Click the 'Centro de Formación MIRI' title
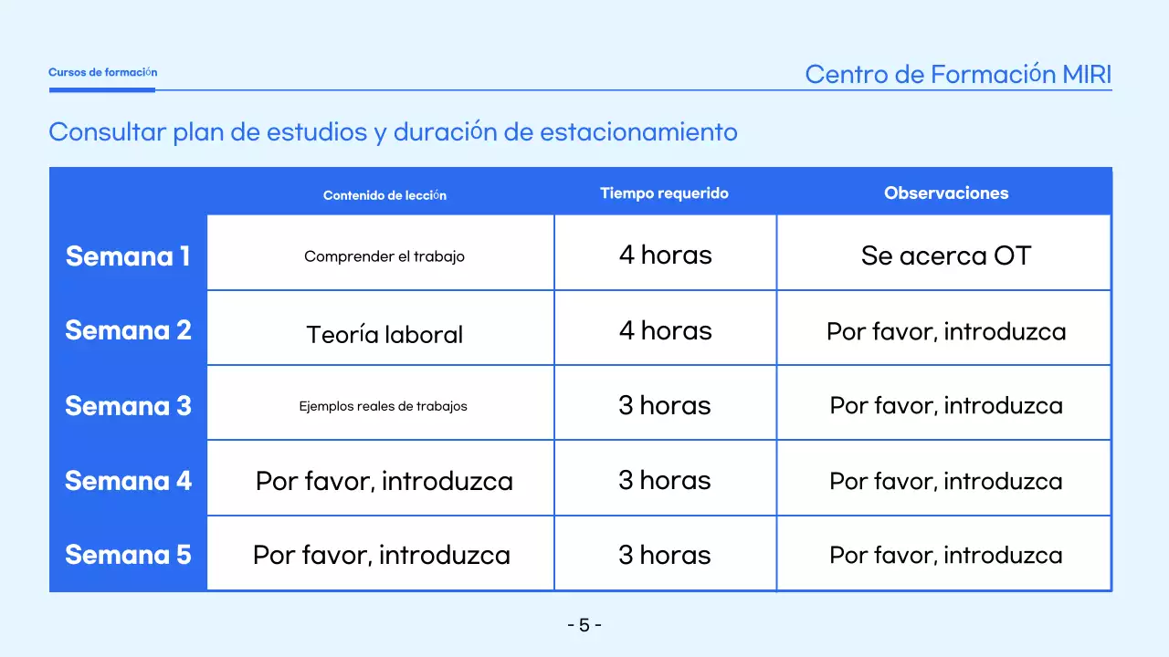point(958,74)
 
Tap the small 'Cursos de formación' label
point(102,72)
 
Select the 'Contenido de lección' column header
point(384,195)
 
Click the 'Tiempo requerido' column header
point(664,193)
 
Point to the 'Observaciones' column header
point(946,193)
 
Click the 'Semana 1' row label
point(128,256)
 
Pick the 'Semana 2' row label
point(128,330)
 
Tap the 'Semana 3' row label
point(128,405)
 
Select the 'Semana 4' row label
point(128,480)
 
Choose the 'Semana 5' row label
point(128,555)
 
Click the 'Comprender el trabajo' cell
point(384,256)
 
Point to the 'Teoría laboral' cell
point(384,334)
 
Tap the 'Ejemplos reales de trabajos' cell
point(383,406)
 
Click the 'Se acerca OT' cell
point(945,255)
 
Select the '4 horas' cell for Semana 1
point(665,255)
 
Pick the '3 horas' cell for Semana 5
point(665,555)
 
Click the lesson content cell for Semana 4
point(384,481)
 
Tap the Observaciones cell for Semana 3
point(945,405)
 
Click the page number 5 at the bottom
point(584,626)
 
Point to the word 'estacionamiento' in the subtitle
point(638,132)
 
